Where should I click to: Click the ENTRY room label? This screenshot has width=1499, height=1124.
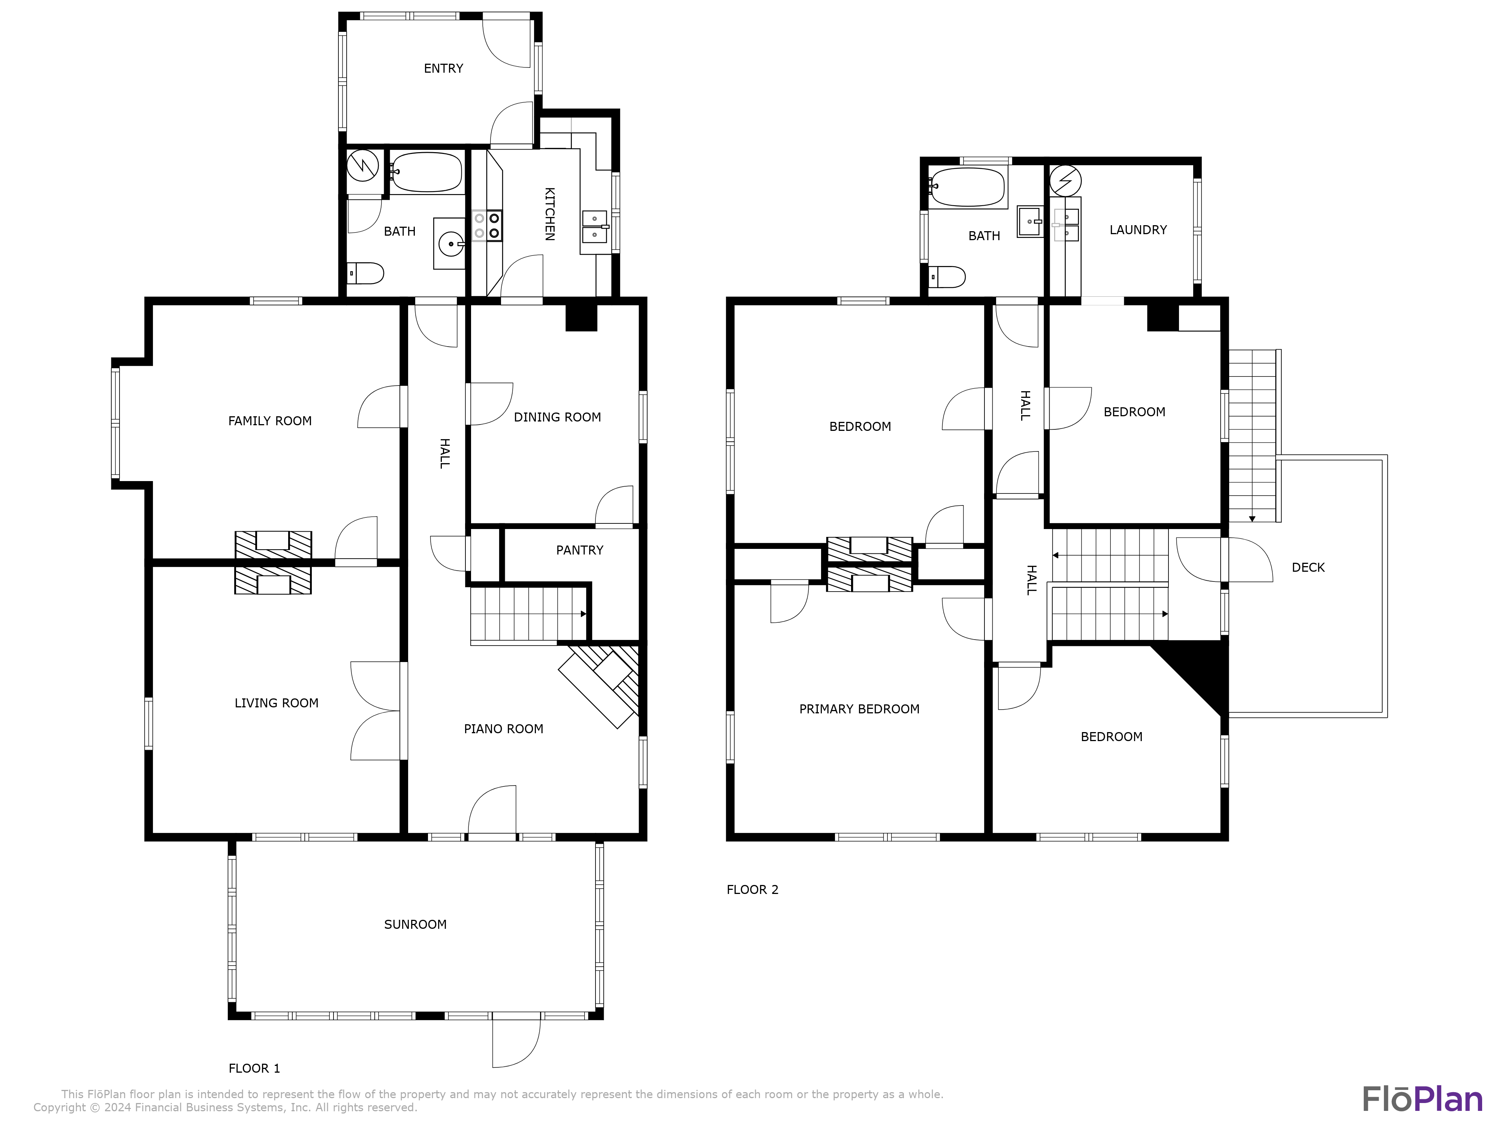(x=443, y=69)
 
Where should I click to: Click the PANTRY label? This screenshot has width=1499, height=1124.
(x=579, y=550)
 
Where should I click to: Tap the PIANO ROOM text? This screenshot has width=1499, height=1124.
(x=504, y=729)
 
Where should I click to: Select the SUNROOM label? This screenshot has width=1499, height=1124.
(x=415, y=925)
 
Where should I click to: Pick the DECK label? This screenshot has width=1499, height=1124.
(x=1308, y=568)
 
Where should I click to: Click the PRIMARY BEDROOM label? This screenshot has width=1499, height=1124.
(x=859, y=709)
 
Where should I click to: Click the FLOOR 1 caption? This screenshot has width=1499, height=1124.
(x=254, y=1069)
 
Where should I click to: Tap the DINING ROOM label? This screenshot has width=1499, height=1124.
(x=557, y=417)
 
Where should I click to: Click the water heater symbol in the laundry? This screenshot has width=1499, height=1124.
(x=1065, y=181)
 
